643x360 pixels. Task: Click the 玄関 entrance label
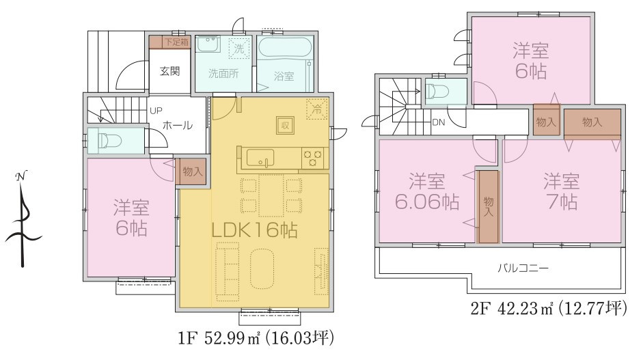[169, 70]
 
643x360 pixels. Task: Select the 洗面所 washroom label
[223, 74]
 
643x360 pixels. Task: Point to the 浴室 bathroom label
[284, 77]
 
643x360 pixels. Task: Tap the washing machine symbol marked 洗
[239, 49]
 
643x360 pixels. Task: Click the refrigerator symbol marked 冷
[317, 109]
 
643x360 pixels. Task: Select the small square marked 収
[285, 125]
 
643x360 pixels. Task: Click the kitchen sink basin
[260, 158]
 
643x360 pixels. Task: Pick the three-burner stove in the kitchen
[314, 158]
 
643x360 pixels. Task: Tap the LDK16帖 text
[254, 230]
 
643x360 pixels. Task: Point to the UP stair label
[156, 110]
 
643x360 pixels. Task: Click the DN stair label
[439, 123]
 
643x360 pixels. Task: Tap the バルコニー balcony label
[522, 267]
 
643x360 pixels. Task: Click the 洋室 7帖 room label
[562, 192]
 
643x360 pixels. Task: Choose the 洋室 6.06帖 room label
[427, 192]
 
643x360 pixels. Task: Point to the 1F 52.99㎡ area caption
[256, 337]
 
